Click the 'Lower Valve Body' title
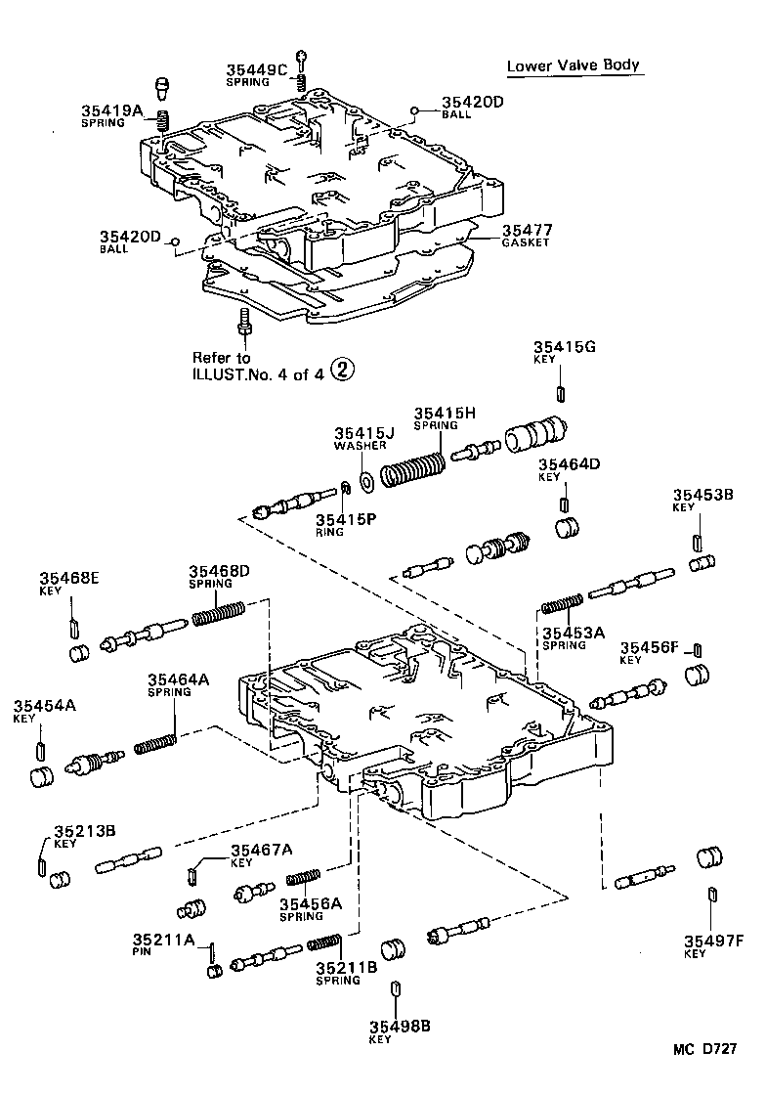pyautogui.click(x=573, y=66)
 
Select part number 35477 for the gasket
pyautogui.click(x=527, y=230)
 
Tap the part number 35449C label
pyautogui.click(x=257, y=69)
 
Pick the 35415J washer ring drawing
pyautogui.click(x=367, y=480)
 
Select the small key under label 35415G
pyautogui.click(x=562, y=393)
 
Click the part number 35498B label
pyautogui.click(x=400, y=1026)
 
